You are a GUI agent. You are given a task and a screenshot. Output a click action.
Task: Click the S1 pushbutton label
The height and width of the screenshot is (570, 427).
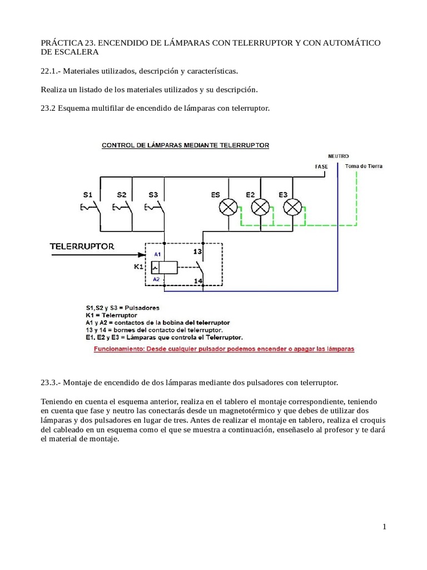(88, 194)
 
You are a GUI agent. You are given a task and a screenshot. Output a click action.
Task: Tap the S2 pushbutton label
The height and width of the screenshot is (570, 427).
(121, 194)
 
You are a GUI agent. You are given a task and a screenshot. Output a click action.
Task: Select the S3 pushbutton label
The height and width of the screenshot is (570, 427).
(153, 194)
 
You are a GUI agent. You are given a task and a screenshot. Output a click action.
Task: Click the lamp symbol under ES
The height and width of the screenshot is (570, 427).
(227, 208)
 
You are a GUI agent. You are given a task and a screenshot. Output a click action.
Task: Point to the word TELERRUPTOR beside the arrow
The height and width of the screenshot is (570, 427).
(82, 246)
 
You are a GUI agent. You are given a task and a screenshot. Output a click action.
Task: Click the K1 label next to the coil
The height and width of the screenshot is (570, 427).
(138, 267)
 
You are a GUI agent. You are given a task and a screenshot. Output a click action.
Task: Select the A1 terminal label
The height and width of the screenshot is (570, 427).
(157, 254)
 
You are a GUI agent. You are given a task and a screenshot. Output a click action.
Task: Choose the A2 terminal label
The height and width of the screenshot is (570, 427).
(156, 279)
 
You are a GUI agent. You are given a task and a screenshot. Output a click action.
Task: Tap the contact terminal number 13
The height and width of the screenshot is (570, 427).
(197, 251)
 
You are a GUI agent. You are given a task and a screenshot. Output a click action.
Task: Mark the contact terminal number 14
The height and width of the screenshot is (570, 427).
(197, 281)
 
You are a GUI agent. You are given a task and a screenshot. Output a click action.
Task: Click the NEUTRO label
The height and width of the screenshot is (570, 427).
(339, 156)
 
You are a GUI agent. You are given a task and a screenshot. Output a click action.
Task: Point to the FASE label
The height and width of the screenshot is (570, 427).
(321, 166)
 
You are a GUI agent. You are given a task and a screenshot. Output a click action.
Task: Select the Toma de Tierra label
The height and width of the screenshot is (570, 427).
(364, 166)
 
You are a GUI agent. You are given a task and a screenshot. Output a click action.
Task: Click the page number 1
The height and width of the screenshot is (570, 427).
(384, 528)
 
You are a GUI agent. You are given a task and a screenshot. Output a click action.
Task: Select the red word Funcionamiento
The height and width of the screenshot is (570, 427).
(120, 349)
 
